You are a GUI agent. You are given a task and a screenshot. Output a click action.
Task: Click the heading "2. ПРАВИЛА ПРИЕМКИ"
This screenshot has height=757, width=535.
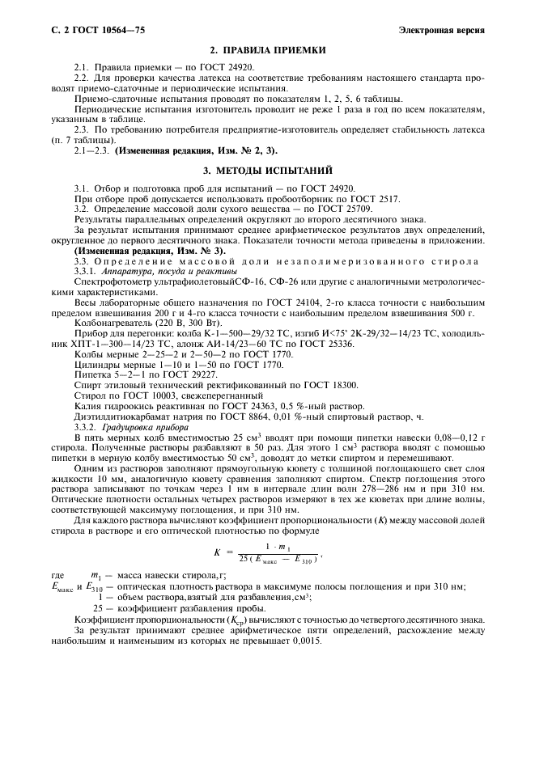(267, 50)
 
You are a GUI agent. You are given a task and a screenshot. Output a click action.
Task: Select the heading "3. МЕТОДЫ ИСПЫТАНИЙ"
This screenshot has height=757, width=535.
(267, 171)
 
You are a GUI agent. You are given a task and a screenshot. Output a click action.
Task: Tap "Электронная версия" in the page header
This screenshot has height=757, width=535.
(442, 30)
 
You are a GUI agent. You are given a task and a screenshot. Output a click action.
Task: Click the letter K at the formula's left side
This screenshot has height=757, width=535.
(218, 552)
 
